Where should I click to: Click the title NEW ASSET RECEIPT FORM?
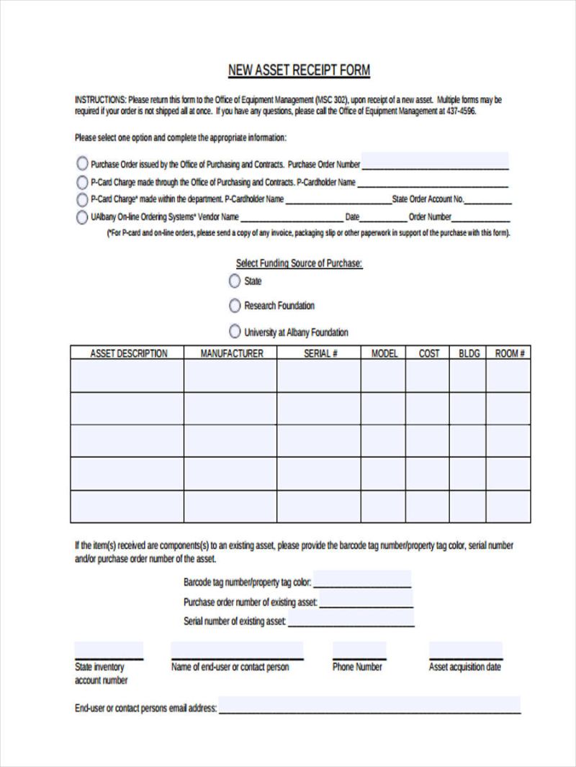coord(299,71)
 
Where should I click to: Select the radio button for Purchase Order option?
coord(82,163)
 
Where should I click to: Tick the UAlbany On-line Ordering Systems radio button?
coord(82,217)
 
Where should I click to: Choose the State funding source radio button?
coord(235,281)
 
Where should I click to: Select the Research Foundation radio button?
coord(235,306)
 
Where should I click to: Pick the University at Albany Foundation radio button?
coord(235,332)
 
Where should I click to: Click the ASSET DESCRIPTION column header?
coord(128,353)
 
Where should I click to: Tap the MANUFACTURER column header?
coord(231,353)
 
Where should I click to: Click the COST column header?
coord(428,353)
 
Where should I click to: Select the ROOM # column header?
coord(509,353)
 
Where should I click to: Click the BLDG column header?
coord(469,353)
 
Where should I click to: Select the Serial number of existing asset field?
coord(351,619)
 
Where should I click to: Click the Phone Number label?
coord(357,667)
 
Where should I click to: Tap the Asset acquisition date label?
coord(464,667)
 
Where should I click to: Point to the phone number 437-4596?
coord(460,112)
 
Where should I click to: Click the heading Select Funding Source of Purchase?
coord(299,264)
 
